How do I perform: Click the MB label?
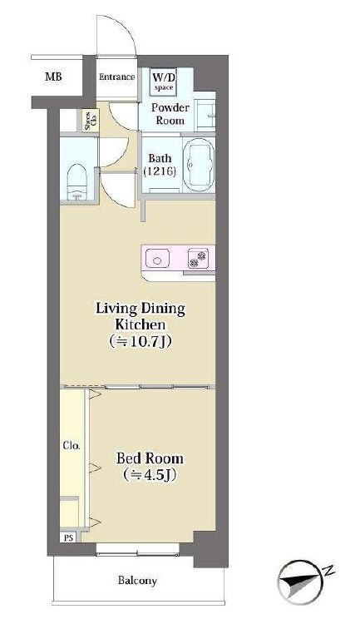(53, 77)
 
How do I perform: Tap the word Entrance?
(116, 77)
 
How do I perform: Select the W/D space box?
(164, 82)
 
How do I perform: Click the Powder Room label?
(170, 114)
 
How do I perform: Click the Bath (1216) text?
(160, 165)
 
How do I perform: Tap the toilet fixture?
(76, 182)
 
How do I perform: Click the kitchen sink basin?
(158, 260)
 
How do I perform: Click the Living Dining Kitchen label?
(141, 317)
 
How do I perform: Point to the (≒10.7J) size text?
(141, 341)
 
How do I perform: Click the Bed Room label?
(150, 458)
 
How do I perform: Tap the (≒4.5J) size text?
(149, 475)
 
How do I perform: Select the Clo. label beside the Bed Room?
(72, 446)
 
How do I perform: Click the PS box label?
(69, 537)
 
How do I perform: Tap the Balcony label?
(138, 581)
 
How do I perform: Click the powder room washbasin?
(205, 116)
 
